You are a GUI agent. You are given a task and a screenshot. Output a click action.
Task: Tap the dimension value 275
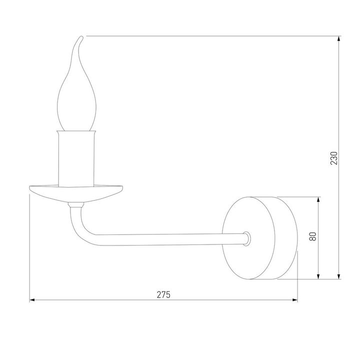tap(163, 294)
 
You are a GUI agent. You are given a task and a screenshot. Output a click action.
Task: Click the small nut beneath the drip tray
tap(75, 204)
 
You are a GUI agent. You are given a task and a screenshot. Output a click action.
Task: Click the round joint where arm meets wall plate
tap(245, 238)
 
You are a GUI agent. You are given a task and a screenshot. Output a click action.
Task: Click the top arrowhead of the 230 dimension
tap(339, 39)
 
